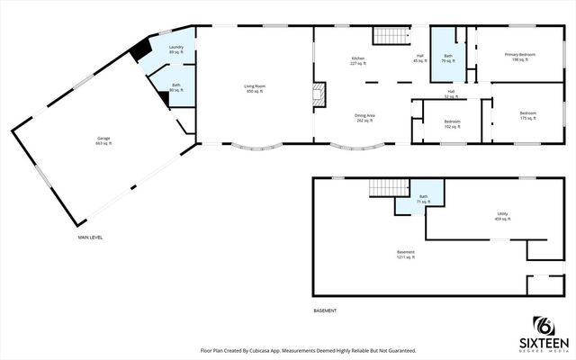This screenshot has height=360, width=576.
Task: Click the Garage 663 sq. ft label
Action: point(104,141)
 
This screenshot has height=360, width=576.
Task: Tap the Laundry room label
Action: point(176,49)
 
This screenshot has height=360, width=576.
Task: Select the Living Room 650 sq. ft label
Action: point(255,89)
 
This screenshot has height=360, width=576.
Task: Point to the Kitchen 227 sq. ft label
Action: point(358,61)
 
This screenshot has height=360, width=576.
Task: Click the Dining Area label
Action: point(364,118)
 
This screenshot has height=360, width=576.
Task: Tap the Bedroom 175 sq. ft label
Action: point(529,117)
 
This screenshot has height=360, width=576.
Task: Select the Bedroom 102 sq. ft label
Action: point(452,124)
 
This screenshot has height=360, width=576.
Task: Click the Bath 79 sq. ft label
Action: point(447,59)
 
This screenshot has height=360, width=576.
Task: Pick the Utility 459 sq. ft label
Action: point(503,217)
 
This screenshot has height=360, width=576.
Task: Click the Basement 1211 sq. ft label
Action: point(406,255)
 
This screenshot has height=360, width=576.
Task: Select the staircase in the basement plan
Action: point(382,188)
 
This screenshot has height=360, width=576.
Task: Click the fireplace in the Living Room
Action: point(317,93)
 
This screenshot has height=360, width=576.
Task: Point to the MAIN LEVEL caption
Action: point(90,238)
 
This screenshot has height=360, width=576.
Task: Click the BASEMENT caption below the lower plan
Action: point(325,310)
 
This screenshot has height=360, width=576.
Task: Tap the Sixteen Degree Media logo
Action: point(543,334)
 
